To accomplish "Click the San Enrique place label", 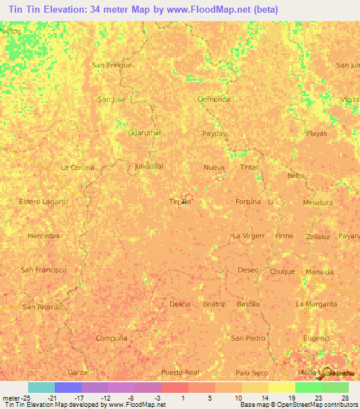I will (x=112, y=65).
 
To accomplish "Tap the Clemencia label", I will (x=214, y=99).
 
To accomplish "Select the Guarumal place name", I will (x=145, y=132).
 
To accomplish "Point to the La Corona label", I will (x=77, y=167).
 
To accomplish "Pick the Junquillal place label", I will (x=149, y=167).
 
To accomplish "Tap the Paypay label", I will (x=214, y=133).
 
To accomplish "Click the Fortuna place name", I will (x=248, y=202).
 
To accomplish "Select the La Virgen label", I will (x=248, y=236).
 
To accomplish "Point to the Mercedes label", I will (x=43, y=236).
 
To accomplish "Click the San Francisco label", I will (x=44, y=270).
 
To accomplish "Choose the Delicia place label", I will (x=180, y=304).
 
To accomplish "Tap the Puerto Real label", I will (x=181, y=372).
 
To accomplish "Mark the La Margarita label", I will (x=316, y=304).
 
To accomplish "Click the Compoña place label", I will (x=112, y=338).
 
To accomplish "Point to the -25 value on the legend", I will (x=28, y=397).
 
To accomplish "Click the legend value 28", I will (x=345, y=397).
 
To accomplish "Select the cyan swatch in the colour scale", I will (x=41, y=387).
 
